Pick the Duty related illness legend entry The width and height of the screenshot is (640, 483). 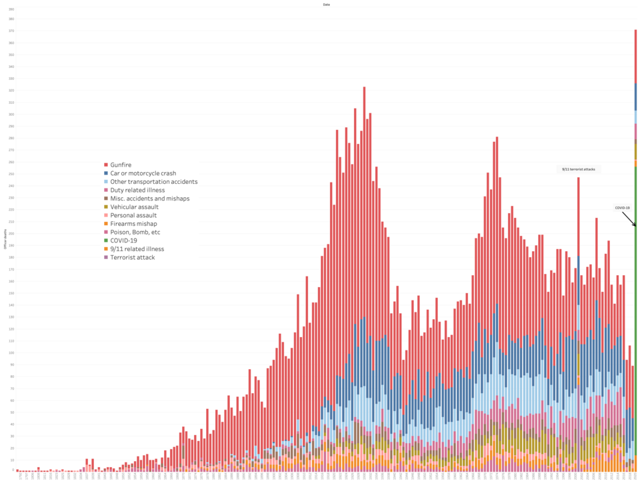[x=137, y=190]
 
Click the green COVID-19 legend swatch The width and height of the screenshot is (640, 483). [x=106, y=241]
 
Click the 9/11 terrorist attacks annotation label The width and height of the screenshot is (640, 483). [x=579, y=169]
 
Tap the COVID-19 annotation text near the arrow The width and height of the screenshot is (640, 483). [x=622, y=208]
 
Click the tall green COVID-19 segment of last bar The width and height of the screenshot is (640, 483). [x=635, y=300]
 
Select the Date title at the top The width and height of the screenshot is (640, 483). [x=326, y=5]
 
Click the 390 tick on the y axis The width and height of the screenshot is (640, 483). [x=11, y=19]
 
